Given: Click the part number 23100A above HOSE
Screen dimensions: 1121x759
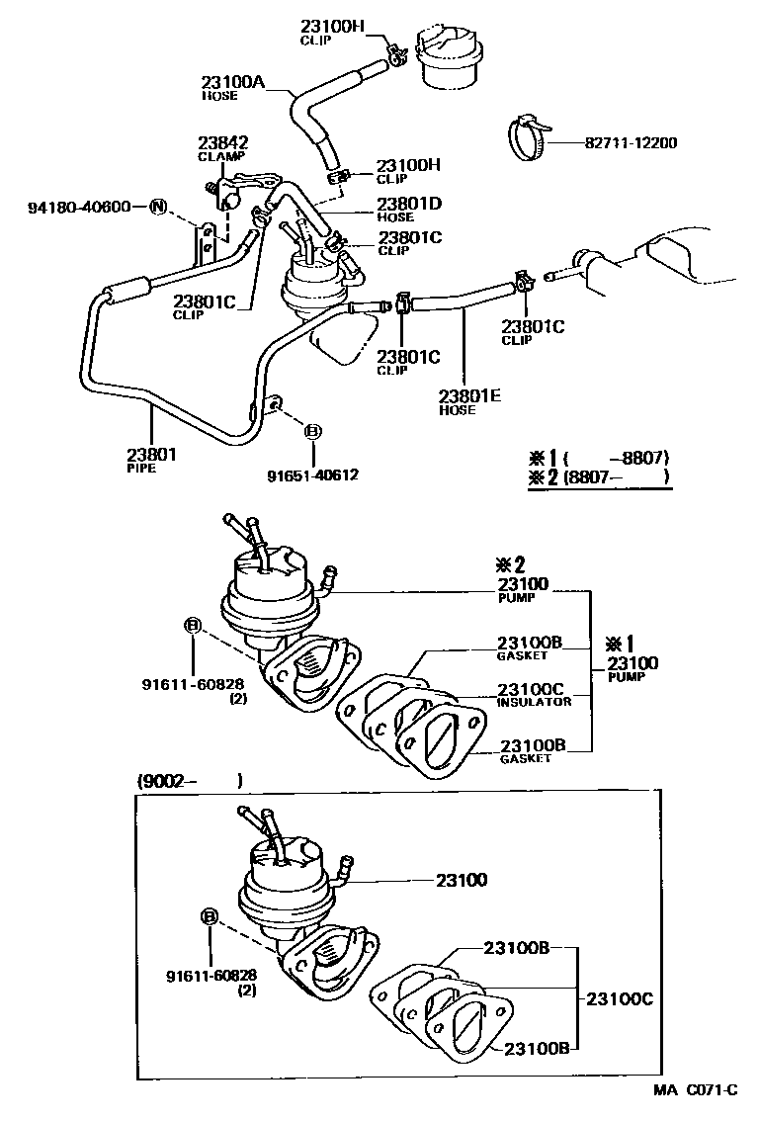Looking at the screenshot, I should point(233,84).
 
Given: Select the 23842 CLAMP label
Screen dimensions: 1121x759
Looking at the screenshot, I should point(222,147).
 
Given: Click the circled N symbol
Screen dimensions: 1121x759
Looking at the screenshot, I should point(157,207).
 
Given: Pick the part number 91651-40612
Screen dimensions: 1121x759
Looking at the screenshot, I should point(312,474).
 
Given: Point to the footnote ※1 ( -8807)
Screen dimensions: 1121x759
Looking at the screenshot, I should point(599,458).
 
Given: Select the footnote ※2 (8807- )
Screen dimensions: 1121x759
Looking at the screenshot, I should point(599,476).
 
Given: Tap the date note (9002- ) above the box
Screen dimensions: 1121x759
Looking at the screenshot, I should point(189,780).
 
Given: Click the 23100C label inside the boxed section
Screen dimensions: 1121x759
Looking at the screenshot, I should point(620,998).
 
